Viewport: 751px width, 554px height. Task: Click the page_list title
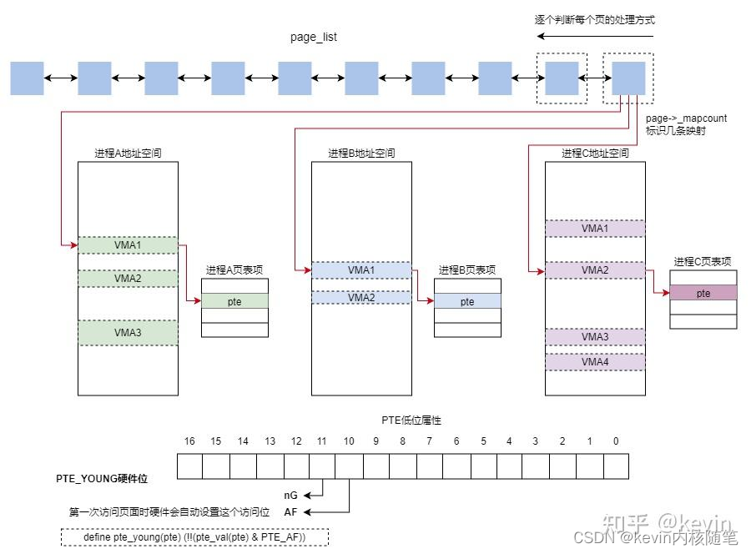(x=313, y=38)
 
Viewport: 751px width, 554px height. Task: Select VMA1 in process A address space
(x=128, y=244)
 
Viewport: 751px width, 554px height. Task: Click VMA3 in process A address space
(x=128, y=332)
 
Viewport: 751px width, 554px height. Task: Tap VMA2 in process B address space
(x=361, y=297)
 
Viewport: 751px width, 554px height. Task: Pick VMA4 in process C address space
(x=595, y=362)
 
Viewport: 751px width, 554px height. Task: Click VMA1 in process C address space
(x=595, y=228)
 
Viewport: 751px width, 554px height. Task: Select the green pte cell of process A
(x=234, y=301)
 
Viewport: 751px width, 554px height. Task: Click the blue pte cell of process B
(x=467, y=301)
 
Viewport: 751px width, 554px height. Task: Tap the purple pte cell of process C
(x=703, y=293)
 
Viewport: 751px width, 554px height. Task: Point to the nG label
(x=290, y=495)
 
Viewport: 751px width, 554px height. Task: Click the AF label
(x=290, y=511)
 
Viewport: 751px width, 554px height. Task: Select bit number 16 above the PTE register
(x=189, y=441)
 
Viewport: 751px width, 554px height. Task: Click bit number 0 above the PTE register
(x=616, y=441)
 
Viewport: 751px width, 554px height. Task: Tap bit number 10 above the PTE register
(x=349, y=441)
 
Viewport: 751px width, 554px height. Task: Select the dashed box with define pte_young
(x=194, y=536)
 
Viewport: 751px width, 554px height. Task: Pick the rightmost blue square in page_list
(x=628, y=78)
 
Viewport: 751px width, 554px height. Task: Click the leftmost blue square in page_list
(x=27, y=78)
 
